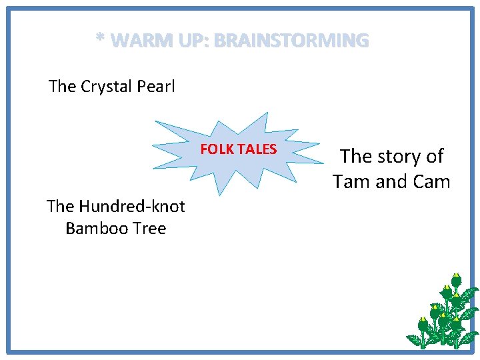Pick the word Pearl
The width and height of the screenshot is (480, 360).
[156, 87]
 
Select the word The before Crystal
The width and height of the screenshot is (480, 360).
[63, 87]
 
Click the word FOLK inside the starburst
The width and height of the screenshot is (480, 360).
[215, 149]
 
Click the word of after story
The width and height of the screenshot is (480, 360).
[434, 157]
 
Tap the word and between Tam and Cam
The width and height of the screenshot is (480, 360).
[392, 182]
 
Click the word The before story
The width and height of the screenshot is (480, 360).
[356, 157]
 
